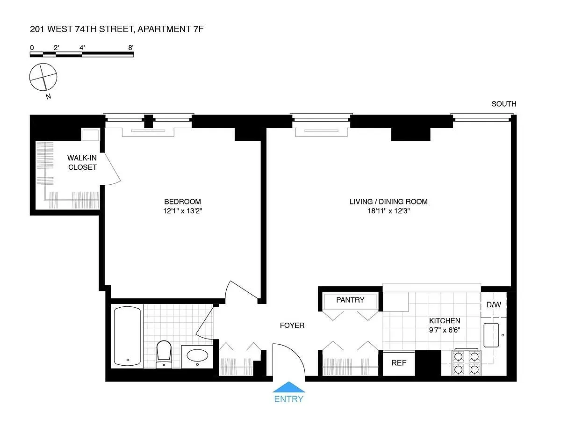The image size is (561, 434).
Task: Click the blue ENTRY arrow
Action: pos(289,387)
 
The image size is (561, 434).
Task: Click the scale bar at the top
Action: pos(82,54)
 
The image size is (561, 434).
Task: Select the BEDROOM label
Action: pos(183,202)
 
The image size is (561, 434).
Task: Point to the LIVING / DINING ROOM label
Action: pos(388,202)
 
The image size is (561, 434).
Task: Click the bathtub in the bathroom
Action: pos(127,335)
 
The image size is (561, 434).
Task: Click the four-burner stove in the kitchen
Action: pos(466,363)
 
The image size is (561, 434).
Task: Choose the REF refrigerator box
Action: pos(398,362)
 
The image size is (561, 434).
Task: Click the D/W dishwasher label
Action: pos(493,304)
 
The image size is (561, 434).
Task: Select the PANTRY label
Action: pos(350,300)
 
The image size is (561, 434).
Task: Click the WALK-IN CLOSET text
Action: pos(82,163)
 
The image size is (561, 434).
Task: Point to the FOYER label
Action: pos(292,325)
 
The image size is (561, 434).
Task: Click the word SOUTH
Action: pos(503,104)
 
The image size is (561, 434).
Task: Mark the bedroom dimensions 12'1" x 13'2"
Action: pos(183,211)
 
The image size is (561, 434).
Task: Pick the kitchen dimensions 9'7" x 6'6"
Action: pos(445,330)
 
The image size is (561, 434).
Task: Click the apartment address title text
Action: pos(116,29)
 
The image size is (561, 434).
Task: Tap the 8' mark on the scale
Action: pos(131,47)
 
